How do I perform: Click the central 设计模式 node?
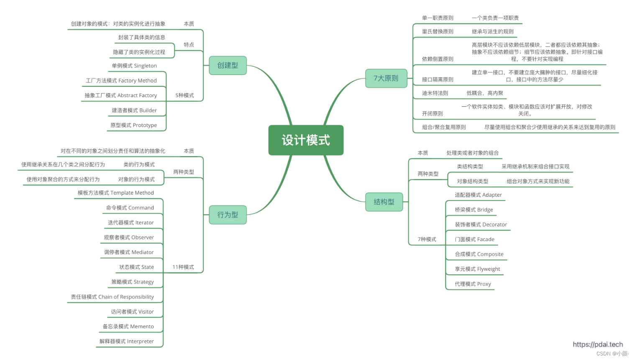(x=306, y=140)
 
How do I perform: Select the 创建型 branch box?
(x=228, y=65)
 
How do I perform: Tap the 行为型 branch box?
(x=228, y=215)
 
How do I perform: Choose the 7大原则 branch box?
(x=386, y=78)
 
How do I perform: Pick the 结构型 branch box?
(x=384, y=202)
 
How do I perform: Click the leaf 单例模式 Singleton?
(x=134, y=66)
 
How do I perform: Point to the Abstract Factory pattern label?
(x=121, y=95)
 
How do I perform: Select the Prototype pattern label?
(x=133, y=125)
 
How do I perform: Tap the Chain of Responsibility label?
(x=112, y=297)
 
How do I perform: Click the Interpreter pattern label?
(x=127, y=341)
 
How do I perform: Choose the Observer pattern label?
(x=129, y=237)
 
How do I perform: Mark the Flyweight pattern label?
(x=477, y=269)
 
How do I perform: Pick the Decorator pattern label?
(x=481, y=225)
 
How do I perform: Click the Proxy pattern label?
(x=473, y=284)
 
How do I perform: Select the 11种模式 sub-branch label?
(x=183, y=267)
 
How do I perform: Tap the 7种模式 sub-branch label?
(x=427, y=239)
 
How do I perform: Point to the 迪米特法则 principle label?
(x=435, y=93)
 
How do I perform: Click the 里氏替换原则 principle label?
(x=438, y=31)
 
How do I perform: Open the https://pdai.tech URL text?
(x=598, y=345)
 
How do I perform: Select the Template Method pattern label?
(x=116, y=193)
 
